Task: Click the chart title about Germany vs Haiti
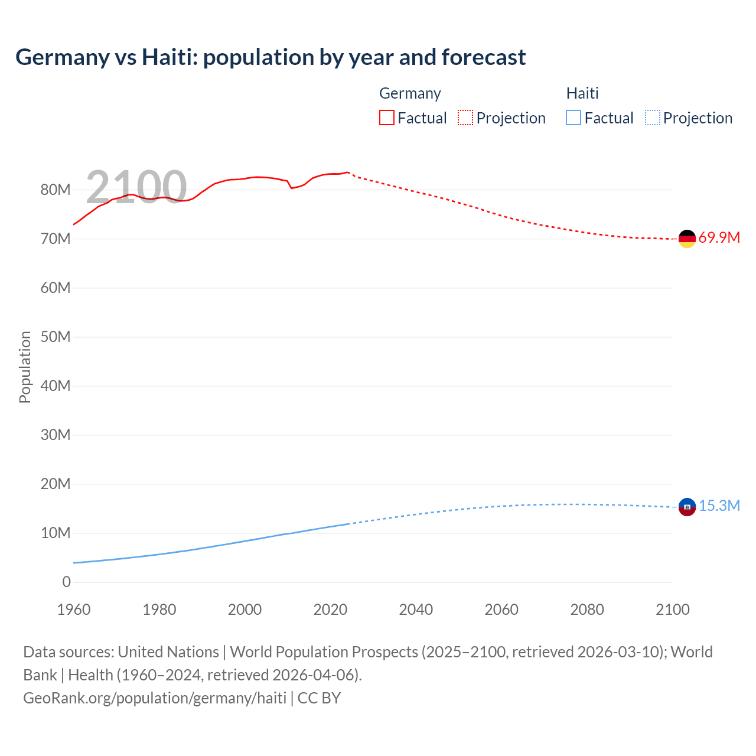tap(271, 57)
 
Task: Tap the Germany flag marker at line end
tap(687, 239)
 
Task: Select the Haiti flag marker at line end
tap(687, 507)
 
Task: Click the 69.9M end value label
tap(719, 238)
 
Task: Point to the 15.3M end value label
tap(719, 506)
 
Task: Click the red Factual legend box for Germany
tap(386, 118)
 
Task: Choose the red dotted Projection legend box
tap(465, 118)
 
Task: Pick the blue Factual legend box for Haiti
tap(573, 118)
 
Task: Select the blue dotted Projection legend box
tap(653, 118)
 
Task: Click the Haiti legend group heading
tap(582, 93)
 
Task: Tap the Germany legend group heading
tap(410, 93)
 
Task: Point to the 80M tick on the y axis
tap(56, 190)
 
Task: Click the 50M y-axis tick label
tap(56, 337)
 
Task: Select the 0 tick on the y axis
tap(66, 582)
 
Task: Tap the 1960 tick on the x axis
tap(74, 610)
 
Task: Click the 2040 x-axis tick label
tap(416, 610)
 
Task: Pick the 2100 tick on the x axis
tap(672, 610)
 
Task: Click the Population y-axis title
tap(25, 367)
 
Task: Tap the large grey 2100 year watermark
tap(136, 187)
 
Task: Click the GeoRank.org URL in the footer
tap(155, 698)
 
